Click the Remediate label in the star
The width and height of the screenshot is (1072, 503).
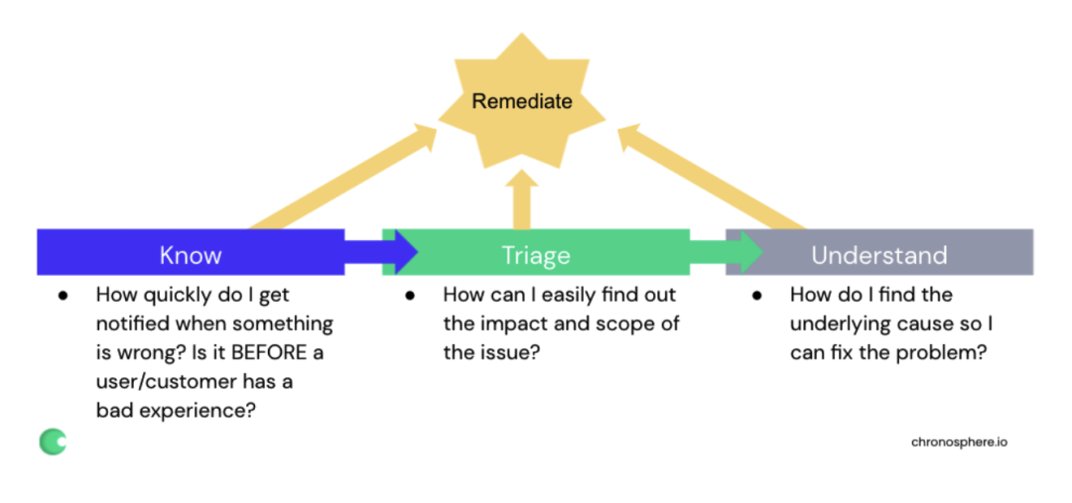click(x=522, y=102)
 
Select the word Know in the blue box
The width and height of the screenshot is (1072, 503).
click(x=191, y=255)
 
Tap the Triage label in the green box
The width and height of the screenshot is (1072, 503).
click(x=536, y=255)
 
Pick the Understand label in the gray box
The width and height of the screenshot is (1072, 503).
click(x=879, y=255)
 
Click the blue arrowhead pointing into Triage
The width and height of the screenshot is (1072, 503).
click(x=402, y=252)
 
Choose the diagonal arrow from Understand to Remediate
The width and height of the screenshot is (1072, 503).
click(x=712, y=177)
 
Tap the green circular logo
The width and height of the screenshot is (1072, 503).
click(x=53, y=442)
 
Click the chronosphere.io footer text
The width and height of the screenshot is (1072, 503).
click(x=959, y=442)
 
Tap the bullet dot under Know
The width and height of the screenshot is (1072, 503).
click(x=63, y=296)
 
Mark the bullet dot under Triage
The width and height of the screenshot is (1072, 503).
click(x=410, y=296)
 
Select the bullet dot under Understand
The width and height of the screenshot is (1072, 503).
click(x=756, y=296)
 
